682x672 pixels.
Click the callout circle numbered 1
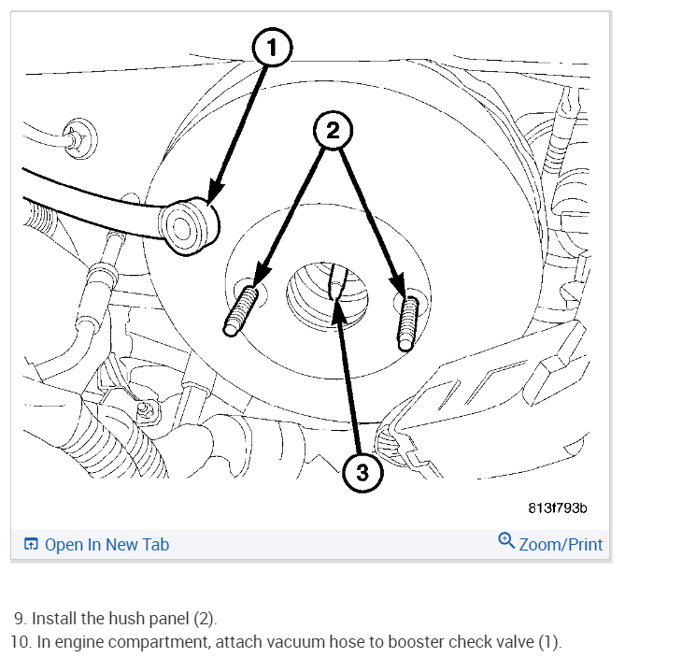click(272, 49)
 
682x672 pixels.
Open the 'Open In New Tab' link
click(107, 544)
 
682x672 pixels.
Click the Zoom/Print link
click(561, 544)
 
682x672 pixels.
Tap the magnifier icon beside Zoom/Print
click(506, 541)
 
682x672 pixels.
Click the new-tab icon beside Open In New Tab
click(31, 544)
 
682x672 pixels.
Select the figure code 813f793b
click(557, 508)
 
